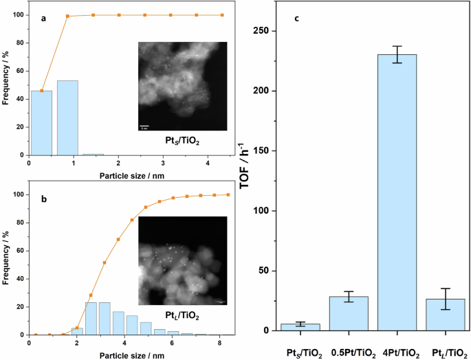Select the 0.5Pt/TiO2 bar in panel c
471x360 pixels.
point(348,313)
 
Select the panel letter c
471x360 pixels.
point(296,18)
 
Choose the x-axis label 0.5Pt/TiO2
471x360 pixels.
point(348,353)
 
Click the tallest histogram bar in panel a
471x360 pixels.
point(67,117)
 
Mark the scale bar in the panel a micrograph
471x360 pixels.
point(145,126)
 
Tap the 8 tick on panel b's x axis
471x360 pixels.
point(219,342)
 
